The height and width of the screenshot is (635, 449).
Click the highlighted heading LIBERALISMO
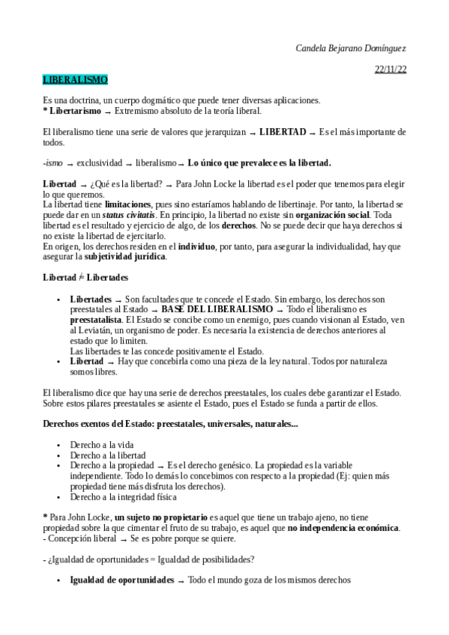click(x=75, y=79)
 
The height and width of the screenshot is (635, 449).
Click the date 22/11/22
click(x=390, y=70)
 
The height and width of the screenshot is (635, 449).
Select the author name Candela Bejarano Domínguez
click(x=351, y=47)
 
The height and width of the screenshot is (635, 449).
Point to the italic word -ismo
click(x=52, y=162)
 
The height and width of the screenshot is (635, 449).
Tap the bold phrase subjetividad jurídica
click(x=124, y=256)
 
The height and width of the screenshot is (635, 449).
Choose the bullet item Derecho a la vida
click(x=101, y=444)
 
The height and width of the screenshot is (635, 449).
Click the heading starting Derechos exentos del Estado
click(x=169, y=424)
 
